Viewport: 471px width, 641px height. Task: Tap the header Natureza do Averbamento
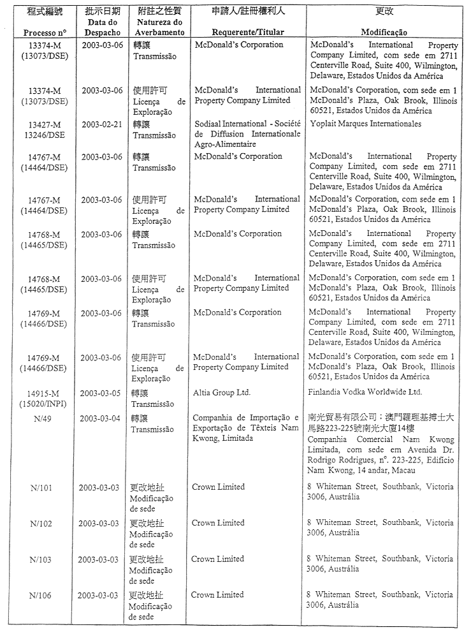tap(159, 27)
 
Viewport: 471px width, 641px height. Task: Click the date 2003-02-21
tap(101, 124)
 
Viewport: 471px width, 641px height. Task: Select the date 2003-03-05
tap(101, 393)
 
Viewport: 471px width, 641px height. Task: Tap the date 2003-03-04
tap(101, 418)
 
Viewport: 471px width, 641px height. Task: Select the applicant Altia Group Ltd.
tap(222, 392)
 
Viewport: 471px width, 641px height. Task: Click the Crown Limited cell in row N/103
tap(218, 559)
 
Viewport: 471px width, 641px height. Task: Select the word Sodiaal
tap(208, 124)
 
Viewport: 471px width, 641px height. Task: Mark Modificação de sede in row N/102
tap(151, 534)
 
